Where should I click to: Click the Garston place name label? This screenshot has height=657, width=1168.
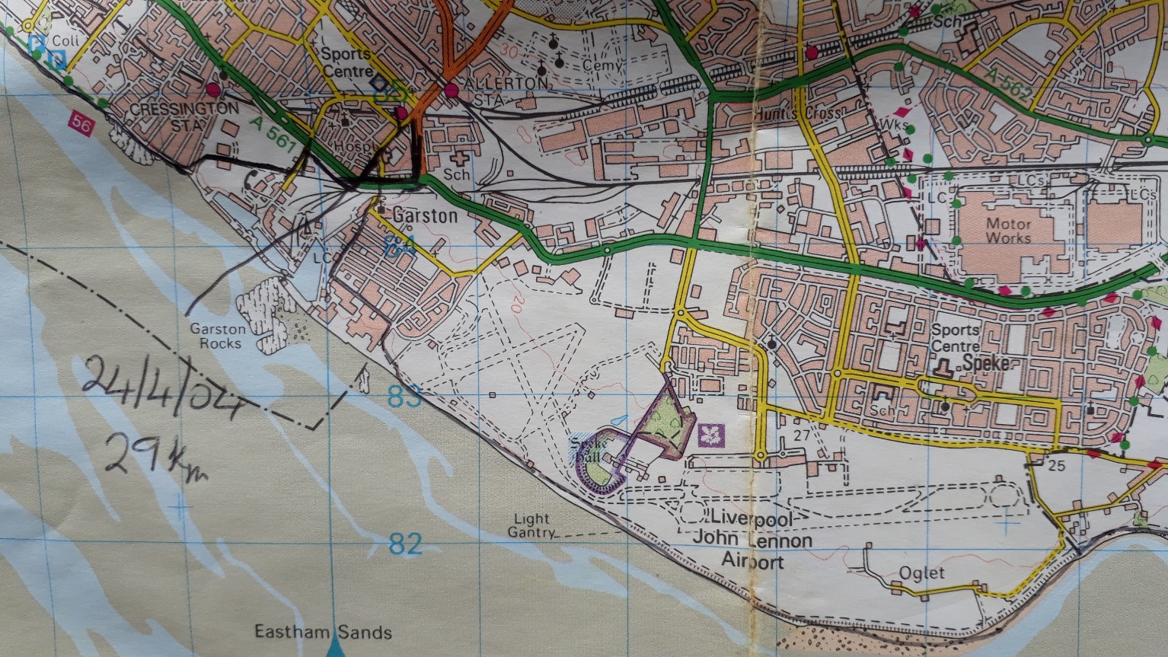(x=425, y=216)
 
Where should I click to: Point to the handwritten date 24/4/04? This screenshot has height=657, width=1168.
(x=164, y=388)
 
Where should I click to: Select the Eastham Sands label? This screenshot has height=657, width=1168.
(x=323, y=632)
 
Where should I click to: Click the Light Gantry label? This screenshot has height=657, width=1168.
(x=531, y=526)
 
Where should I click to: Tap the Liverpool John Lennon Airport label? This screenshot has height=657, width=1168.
(x=752, y=541)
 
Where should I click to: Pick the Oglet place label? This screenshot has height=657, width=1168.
(x=921, y=573)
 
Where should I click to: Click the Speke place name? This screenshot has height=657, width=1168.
(x=986, y=363)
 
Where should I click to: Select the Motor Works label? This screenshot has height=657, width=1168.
(x=1008, y=231)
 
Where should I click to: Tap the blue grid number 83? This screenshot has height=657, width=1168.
(x=404, y=397)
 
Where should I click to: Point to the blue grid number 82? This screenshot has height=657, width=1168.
(x=405, y=544)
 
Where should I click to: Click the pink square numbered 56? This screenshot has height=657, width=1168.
(x=82, y=123)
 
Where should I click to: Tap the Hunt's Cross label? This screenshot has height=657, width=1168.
(x=799, y=114)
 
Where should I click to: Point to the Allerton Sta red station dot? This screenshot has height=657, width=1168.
(x=452, y=91)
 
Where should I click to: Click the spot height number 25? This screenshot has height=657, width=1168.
(x=1055, y=465)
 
